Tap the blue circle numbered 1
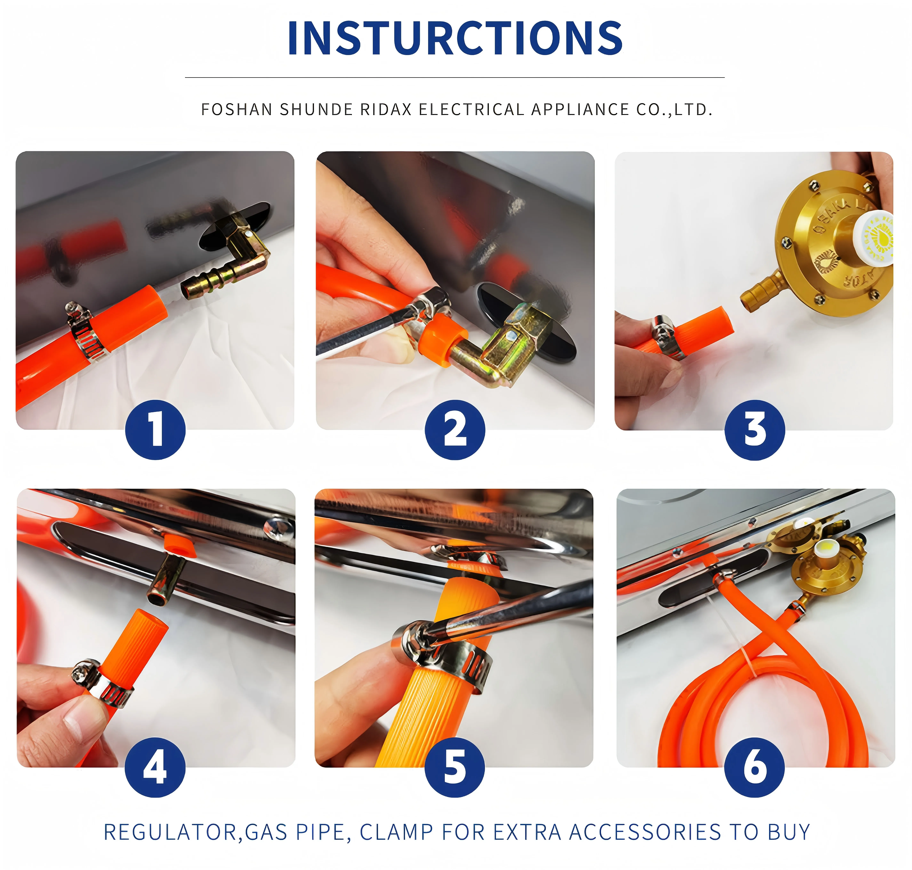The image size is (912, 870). [155, 430]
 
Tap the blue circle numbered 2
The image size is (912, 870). [455, 430]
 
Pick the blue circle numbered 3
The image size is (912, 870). [755, 430]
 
